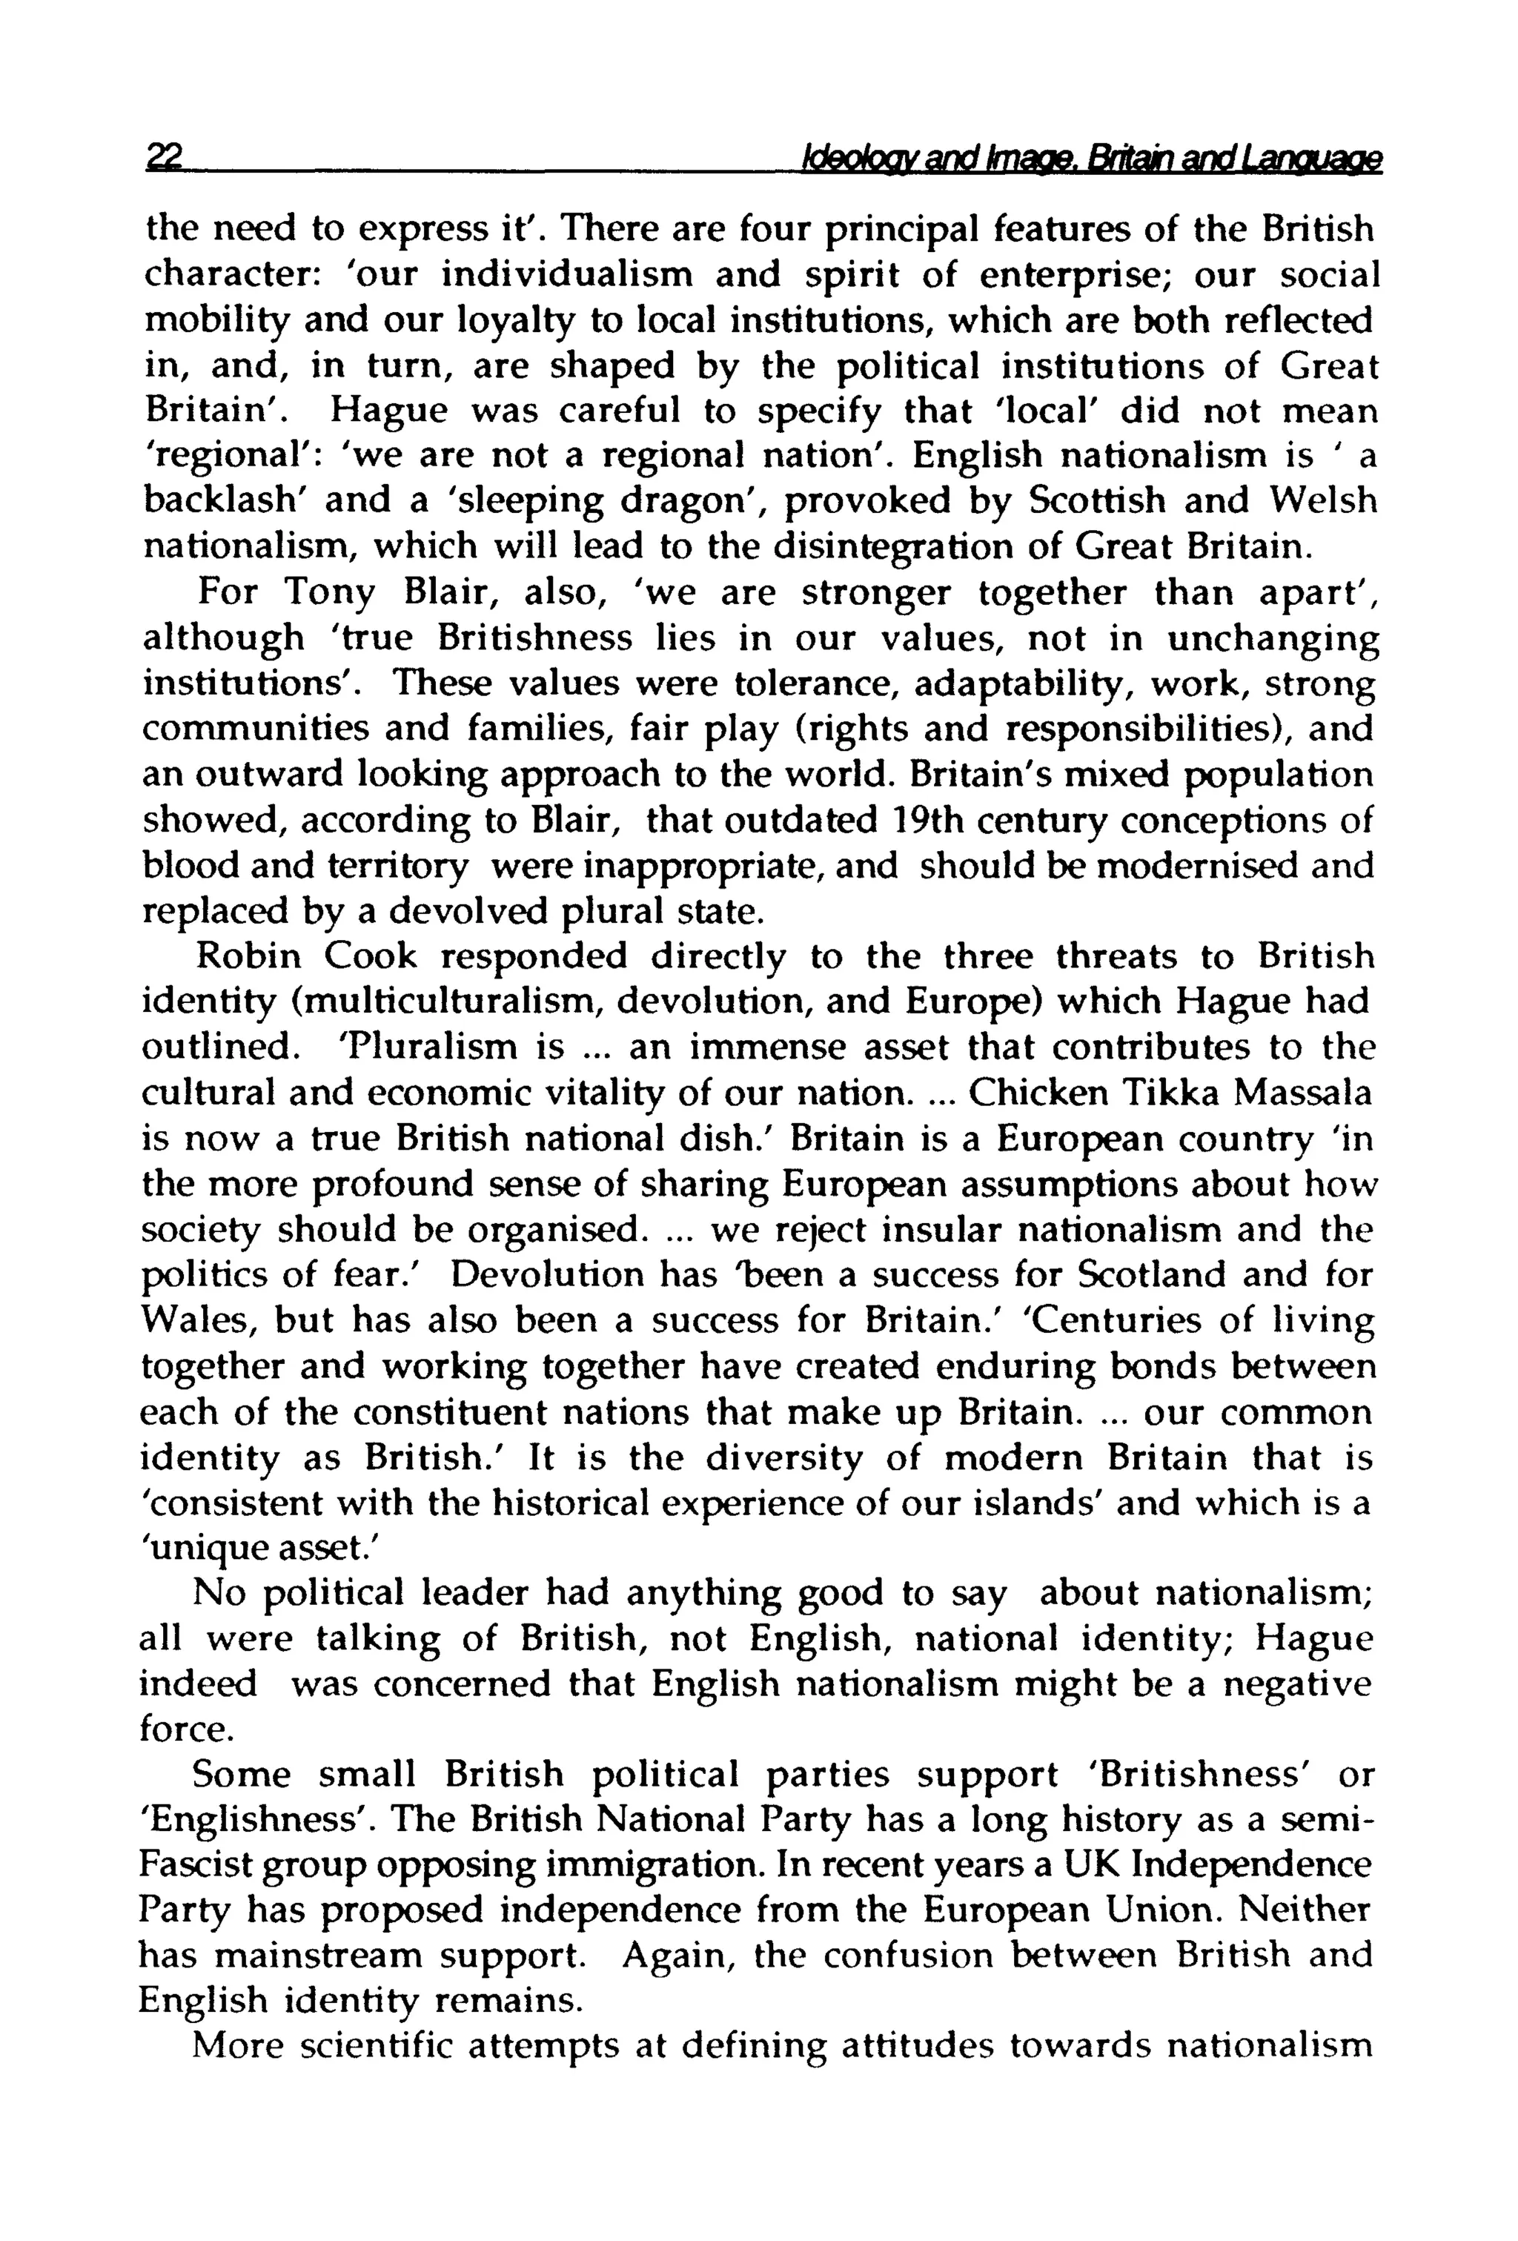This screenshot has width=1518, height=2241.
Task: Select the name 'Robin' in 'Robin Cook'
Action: pyautogui.click(x=247, y=956)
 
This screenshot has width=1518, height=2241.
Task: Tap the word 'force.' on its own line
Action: pyautogui.click(x=186, y=1730)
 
